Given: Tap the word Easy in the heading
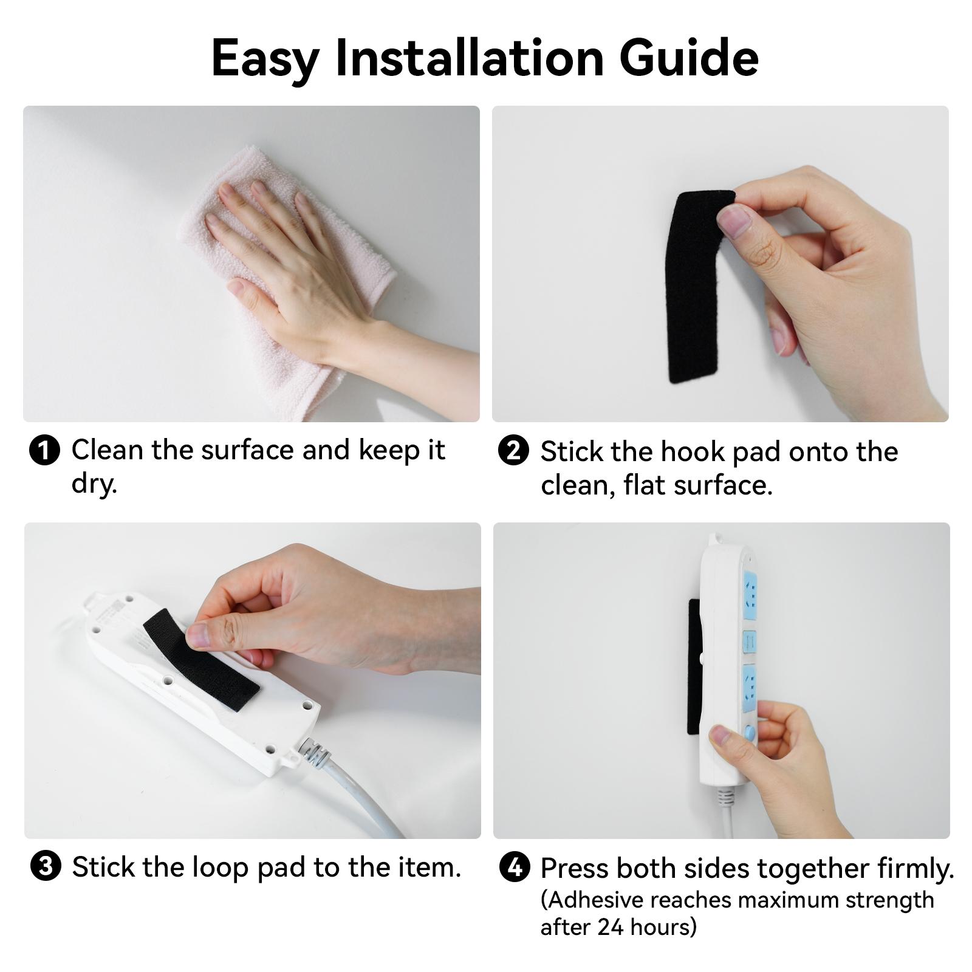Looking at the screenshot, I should click(265, 59).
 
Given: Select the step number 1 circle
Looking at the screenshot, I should click(45, 451).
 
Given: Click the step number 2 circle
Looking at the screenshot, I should click(513, 451).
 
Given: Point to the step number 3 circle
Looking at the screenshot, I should click(46, 866).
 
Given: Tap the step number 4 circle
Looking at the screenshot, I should click(514, 867).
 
